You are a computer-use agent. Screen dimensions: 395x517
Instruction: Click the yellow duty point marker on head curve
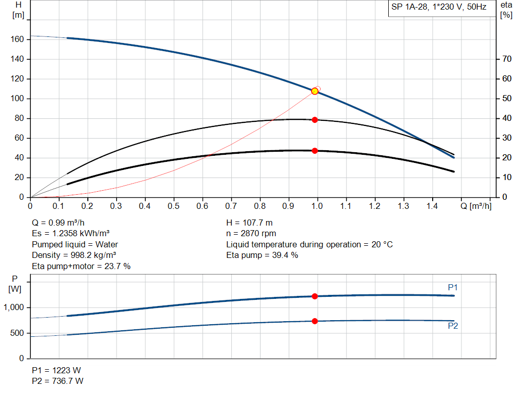(x=315, y=91)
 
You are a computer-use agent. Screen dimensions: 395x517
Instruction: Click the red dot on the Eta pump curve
(x=315, y=120)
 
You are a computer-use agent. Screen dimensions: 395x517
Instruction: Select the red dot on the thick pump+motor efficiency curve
(x=315, y=151)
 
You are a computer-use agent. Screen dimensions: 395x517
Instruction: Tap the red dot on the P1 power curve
(x=315, y=296)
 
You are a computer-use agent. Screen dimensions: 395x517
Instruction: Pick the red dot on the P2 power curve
(x=315, y=321)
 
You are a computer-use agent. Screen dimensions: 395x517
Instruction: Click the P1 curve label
(x=453, y=287)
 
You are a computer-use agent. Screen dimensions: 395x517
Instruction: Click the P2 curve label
(x=453, y=326)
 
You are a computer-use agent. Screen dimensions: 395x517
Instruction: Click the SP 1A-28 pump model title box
(x=439, y=8)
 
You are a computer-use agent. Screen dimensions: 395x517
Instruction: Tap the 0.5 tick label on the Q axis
(x=174, y=206)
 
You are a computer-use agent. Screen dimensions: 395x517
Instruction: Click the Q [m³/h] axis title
(x=475, y=206)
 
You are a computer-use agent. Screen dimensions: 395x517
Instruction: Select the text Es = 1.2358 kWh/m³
(x=71, y=234)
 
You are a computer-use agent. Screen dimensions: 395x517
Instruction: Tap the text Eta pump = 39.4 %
(x=262, y=255)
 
